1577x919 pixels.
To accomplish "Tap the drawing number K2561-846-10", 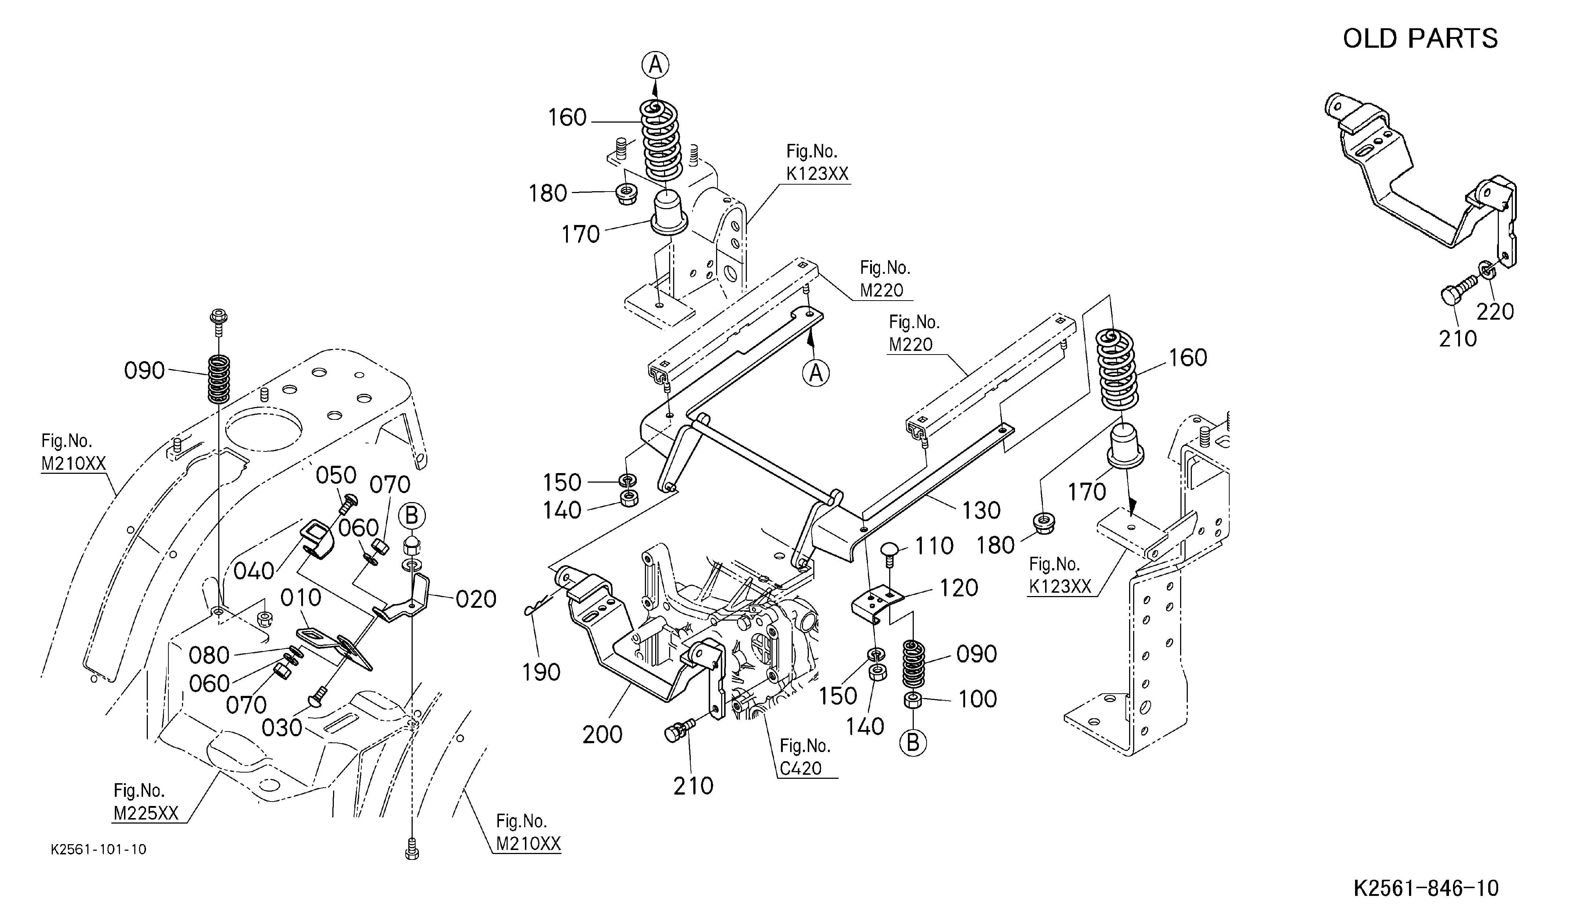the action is click(x=1426, y=888).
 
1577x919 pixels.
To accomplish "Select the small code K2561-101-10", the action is click(x=99, y=850).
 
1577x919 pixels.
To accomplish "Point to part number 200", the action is click(x=603, y=734).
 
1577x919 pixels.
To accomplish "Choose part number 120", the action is click(x=959, y=588).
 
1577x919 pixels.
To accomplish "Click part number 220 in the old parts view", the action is click(x=1495, y=311).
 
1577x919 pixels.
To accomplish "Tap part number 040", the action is click(x=254, y=571).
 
